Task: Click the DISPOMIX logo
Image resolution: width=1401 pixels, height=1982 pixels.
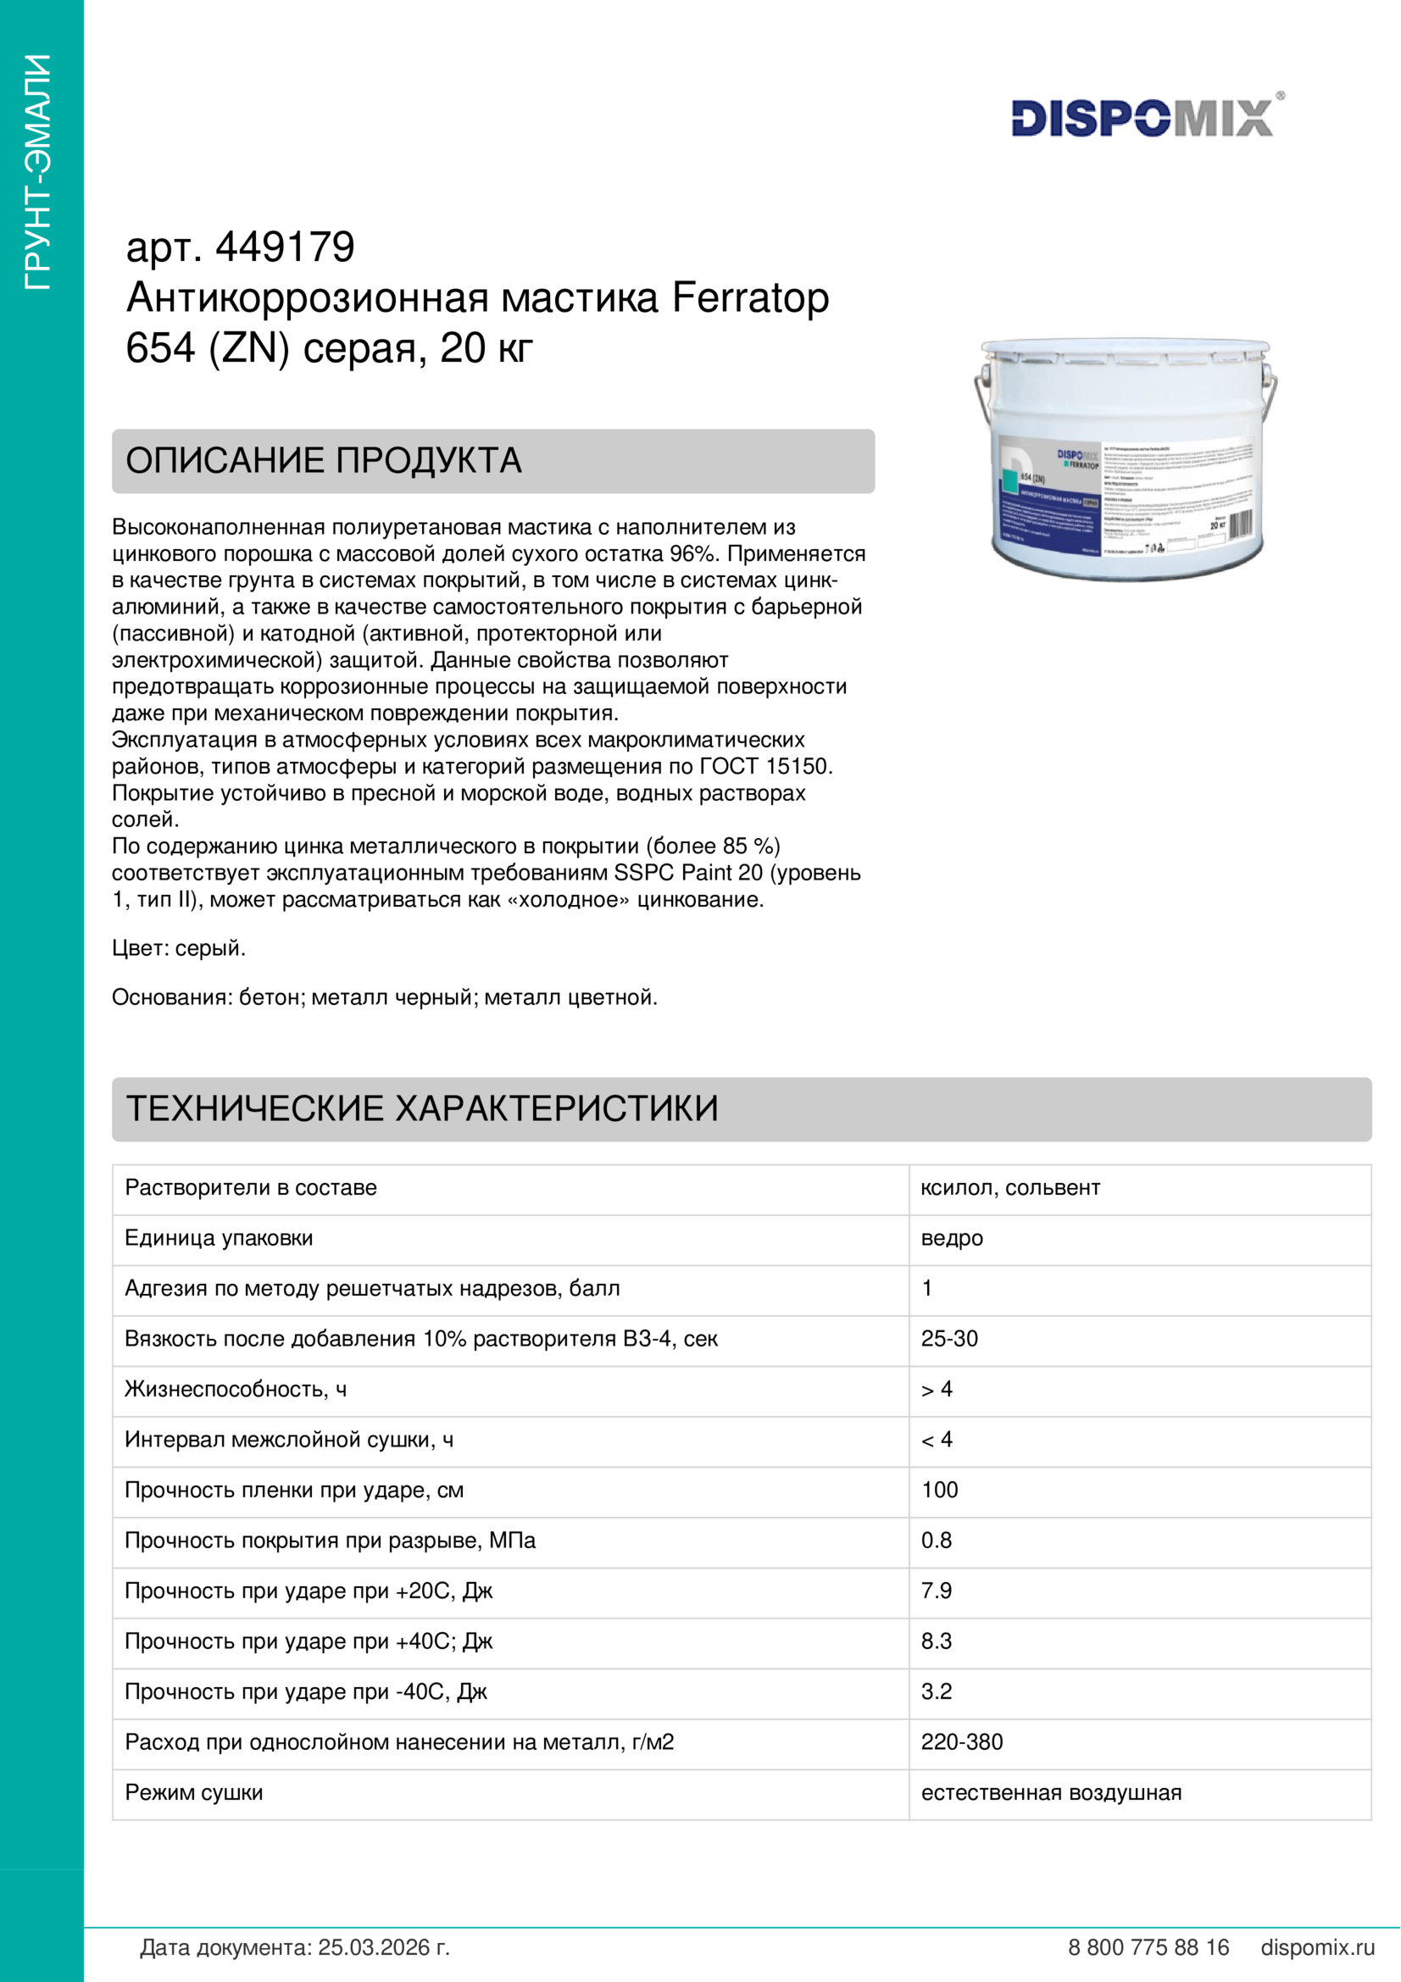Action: (1142, 119)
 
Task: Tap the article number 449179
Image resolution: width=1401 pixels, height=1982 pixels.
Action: (285, 247)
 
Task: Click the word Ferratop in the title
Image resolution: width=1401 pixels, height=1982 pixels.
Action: (750, 297)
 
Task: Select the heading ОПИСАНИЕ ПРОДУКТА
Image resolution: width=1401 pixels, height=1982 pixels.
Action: (324, 461)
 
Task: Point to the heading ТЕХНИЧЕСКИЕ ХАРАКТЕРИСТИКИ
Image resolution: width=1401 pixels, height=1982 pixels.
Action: (422, 1108)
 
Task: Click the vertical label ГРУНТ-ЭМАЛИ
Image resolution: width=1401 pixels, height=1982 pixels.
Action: (39, 172)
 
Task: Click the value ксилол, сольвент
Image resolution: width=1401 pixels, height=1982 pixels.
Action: (1010, 1188)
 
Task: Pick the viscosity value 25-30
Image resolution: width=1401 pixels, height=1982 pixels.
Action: (948, 1339)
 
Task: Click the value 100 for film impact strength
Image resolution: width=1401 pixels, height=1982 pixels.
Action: (939, 1490)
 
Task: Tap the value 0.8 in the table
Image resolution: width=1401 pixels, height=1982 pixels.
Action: (936, 1540)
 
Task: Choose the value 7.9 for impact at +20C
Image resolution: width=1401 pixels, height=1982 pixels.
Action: (936, 1590)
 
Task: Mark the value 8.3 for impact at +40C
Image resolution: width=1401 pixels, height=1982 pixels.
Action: (936, 1641)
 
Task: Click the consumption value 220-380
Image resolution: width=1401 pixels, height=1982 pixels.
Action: (962, 1742)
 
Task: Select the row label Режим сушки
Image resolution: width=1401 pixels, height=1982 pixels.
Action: (194, 1792)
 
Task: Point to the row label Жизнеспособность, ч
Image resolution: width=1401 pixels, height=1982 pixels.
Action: (236, 1389)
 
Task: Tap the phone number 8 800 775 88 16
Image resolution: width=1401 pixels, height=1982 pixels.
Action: (1148, 1947)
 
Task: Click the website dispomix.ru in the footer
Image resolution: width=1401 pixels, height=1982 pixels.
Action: (1317, 1947)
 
